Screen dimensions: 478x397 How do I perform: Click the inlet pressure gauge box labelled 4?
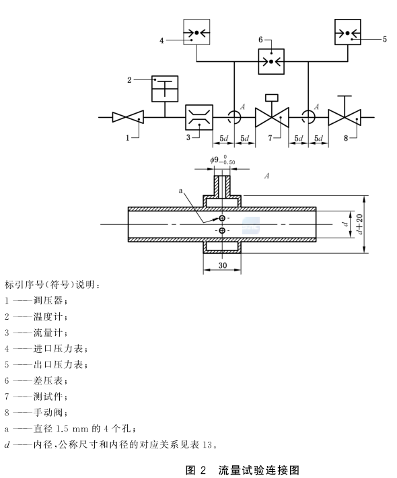pos(196,32)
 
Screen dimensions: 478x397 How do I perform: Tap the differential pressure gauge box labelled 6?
pos(273,62)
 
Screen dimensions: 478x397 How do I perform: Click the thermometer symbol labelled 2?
pos(164,88)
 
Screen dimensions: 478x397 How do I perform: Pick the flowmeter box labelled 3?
pos(199,117)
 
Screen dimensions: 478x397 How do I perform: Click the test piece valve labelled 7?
pos(272,118)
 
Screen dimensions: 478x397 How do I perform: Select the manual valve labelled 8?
pos(345,118)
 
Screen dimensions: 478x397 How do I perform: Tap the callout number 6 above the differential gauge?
pos(261,40)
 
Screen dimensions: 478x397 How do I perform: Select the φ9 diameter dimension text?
pos(221,162)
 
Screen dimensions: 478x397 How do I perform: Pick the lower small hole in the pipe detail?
pos(222,231)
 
